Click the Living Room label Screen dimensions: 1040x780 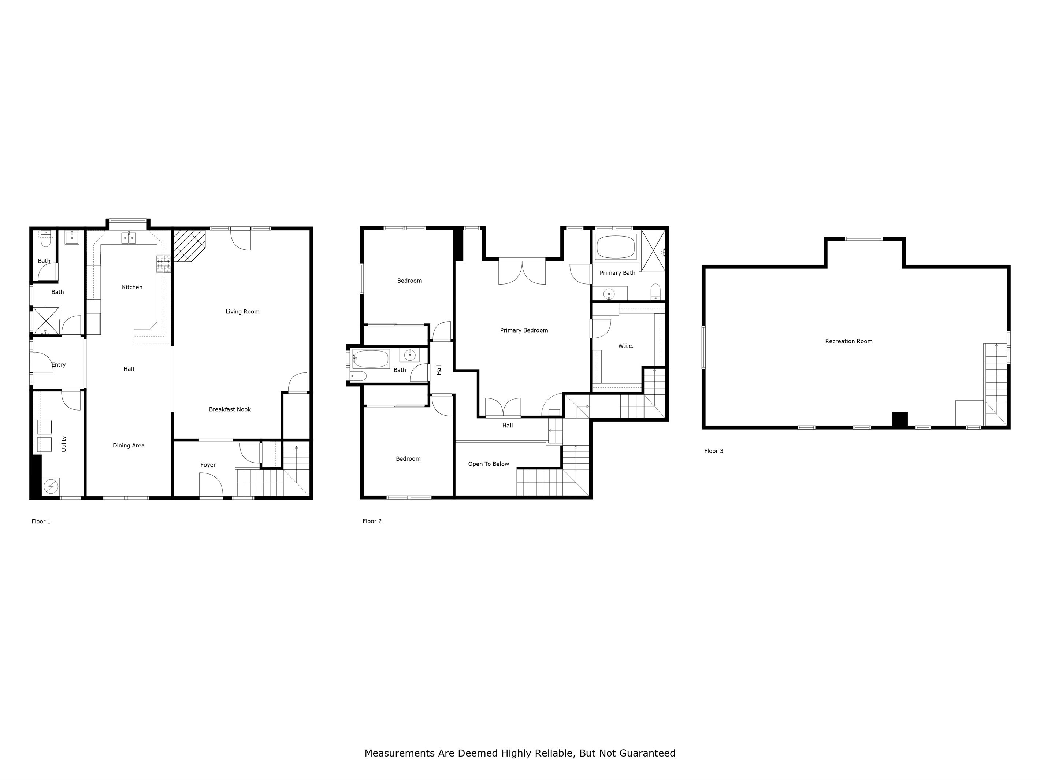coord(242,312)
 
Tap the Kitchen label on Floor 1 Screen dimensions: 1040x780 coord(132,287)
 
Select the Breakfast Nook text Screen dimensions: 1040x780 coord(230,409)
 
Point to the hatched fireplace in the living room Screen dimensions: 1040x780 coord(189,245)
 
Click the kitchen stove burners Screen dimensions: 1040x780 coord(164,264)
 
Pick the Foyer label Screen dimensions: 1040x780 coord(208,465)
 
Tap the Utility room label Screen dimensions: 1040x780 coord(64,444)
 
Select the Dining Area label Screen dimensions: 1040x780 coord(129,446)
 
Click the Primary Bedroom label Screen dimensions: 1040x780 coord(524,331)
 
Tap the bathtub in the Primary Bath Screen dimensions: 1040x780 coord(616,247)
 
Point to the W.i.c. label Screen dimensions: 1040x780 coord(626,346)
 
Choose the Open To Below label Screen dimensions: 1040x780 coord(489,464)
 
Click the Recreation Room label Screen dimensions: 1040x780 coord(848,341)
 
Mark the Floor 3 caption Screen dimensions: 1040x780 coord(714,451)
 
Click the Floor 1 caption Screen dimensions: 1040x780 coord(41,521)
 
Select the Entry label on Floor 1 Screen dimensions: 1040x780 coord(59,365)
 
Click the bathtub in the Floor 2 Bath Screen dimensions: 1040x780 coord(371,359)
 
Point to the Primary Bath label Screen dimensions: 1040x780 coord(617,273)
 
